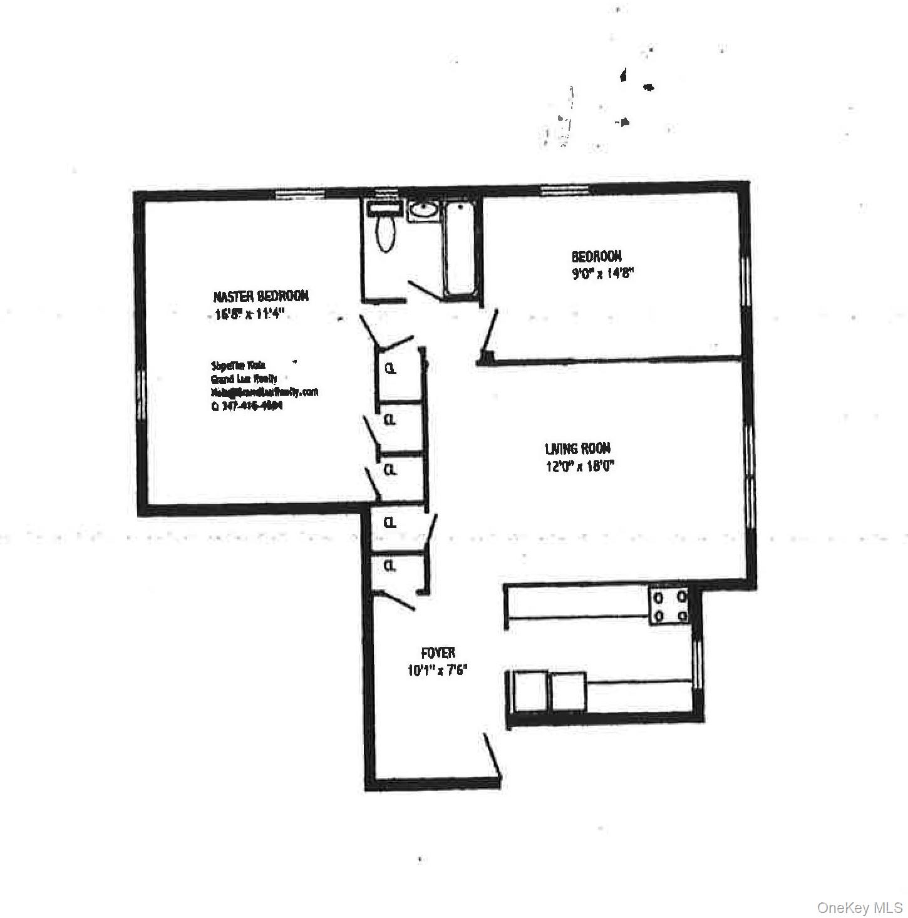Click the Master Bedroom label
pos(261,296)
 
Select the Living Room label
pos(577,448)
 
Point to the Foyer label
pos(438,653)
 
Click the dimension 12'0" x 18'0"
pos(580,466)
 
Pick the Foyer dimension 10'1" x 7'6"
pos(438,670)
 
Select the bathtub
pos(460,249)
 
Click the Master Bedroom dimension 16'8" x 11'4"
pos(249,315)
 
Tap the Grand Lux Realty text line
pos(244,379)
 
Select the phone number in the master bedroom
pos(247,405)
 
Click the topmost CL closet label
pos(391,369)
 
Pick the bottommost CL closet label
pos(390,565)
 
